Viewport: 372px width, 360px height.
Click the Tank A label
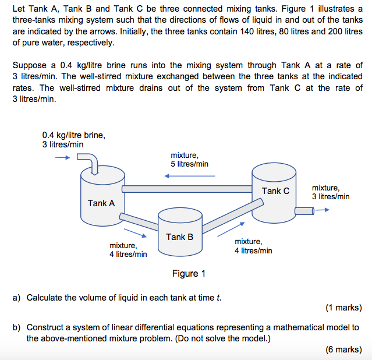point(101,203)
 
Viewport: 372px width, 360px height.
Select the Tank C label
point(275,191)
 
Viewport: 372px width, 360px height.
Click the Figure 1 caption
point(189,274)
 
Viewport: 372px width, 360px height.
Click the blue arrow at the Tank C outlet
point(323,211)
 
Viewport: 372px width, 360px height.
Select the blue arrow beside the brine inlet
point(62,157)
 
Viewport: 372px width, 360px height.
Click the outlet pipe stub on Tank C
point(304,211)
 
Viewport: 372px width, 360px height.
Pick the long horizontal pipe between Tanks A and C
point(186,189)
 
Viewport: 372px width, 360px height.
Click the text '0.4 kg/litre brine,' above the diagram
point(73,135)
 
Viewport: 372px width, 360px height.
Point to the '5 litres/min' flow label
point(189,164)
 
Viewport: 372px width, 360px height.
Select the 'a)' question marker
point(17,298)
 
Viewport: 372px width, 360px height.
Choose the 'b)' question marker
point(17,327)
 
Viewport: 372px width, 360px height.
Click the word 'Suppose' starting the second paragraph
point(29,65)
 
